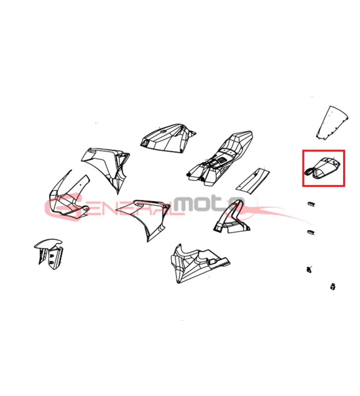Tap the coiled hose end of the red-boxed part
[309, 172]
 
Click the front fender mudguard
[49, 254]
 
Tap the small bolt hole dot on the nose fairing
[80, 185]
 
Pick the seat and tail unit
[220, 159]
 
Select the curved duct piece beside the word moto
[231, 218]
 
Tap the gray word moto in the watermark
[209, 204]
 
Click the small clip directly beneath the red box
[311, 204]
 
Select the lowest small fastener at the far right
[333, 287]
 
